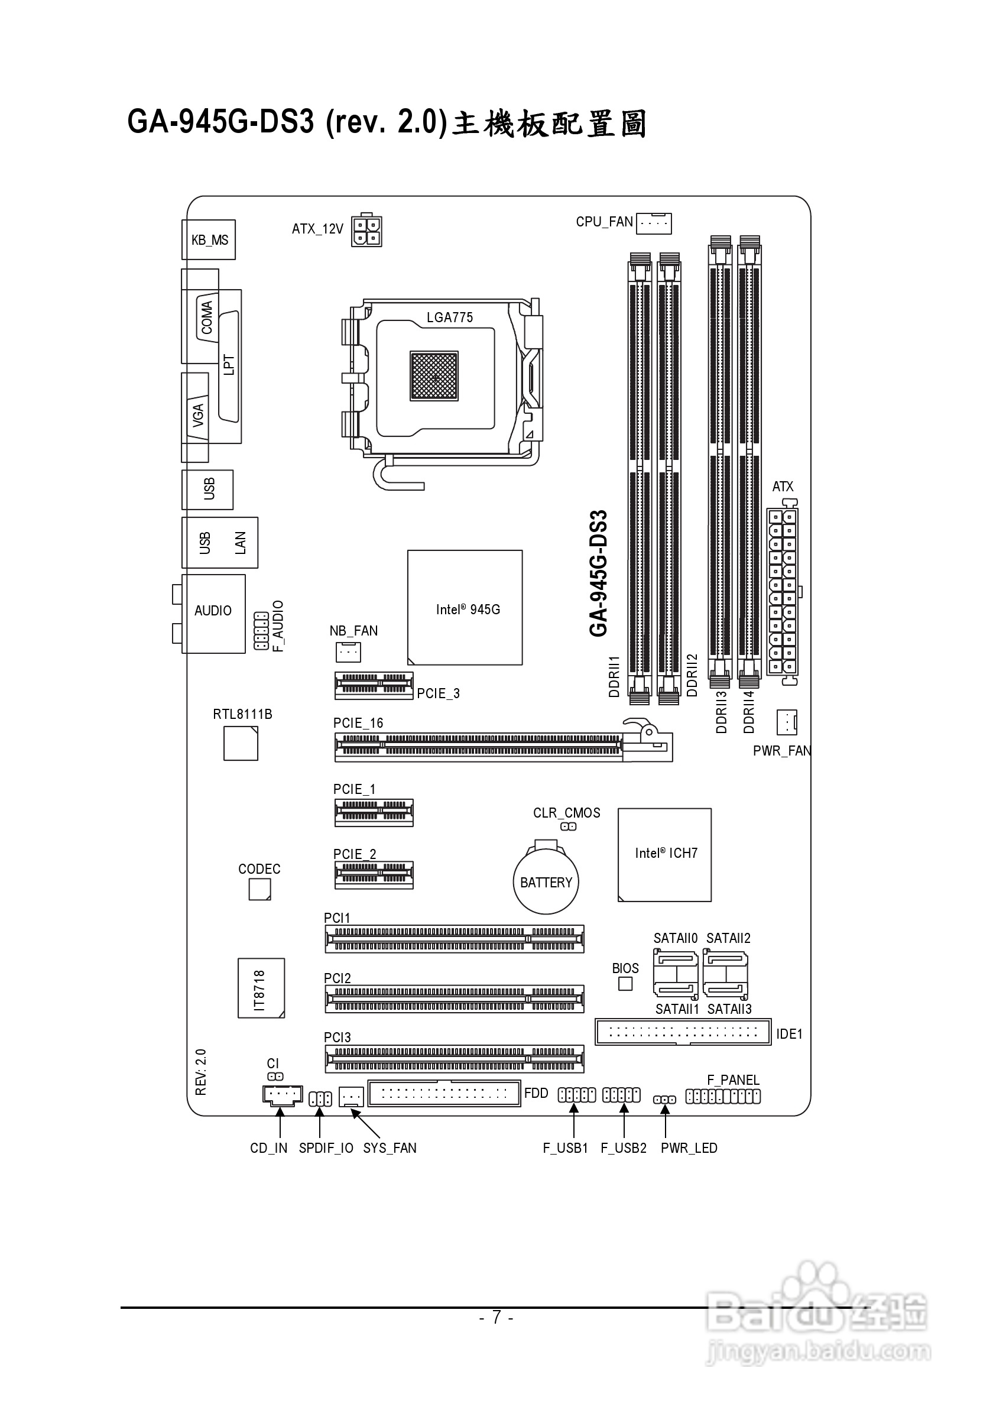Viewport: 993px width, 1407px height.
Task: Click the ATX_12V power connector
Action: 366,231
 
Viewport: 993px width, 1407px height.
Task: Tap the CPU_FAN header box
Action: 654,223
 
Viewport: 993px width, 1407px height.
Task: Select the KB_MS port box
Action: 209,239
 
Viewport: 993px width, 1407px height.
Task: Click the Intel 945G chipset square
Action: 465,607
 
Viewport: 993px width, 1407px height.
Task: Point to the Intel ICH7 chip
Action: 664,855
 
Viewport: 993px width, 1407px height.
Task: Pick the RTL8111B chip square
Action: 241,743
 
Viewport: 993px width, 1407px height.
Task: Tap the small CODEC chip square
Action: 259,890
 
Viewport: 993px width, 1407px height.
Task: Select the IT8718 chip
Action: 261,988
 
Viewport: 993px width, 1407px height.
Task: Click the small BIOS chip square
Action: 625,984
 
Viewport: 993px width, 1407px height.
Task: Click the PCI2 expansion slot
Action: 454,999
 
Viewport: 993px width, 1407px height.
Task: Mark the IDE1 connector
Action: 683,1032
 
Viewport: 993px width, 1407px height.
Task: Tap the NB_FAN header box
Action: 348,652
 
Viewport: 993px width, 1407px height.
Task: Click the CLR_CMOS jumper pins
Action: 569,826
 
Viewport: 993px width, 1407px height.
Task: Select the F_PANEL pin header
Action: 723,1096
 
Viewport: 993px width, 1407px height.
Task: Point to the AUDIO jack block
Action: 214,614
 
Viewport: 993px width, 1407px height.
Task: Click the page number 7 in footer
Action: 496,1317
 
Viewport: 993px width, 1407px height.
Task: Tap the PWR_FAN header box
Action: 787,722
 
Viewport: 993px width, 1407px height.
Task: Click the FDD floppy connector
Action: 444,1093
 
